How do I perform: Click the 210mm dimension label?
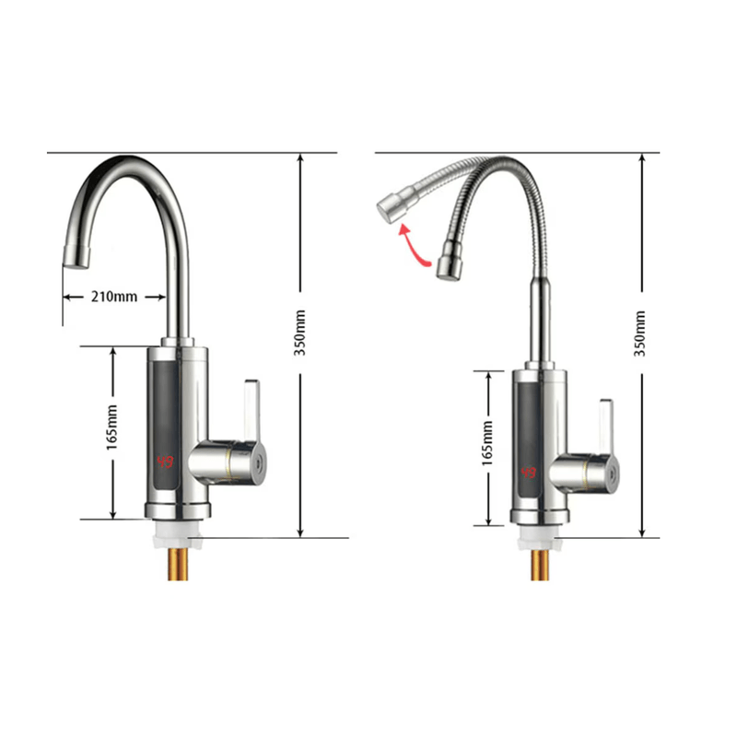click(x=113, y=297)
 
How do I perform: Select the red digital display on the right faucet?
click(x=529, y=473)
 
